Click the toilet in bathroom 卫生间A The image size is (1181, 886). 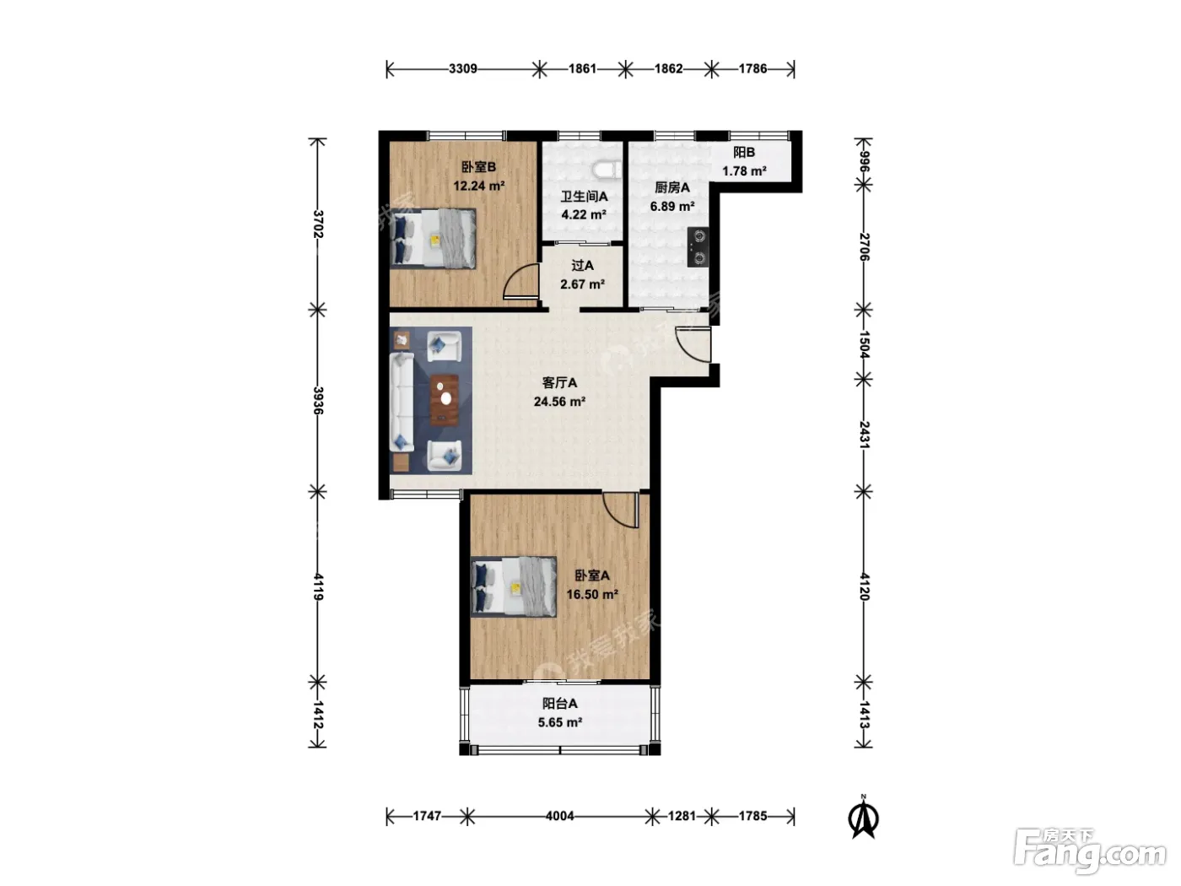607,170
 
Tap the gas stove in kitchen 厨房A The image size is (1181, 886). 698,247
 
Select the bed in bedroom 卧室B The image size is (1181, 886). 433,238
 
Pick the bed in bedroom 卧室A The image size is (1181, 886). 513,586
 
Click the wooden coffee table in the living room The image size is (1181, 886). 445,400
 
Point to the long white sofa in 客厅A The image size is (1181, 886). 402,402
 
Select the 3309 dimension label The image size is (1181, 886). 463,69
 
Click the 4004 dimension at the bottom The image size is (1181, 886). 559,816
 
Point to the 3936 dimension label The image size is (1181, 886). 317,401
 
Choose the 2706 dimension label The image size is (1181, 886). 864,247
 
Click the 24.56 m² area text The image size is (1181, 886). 559,402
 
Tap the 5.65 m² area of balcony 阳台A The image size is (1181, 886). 559,722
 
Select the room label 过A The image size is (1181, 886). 582,265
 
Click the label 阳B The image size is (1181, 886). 743,152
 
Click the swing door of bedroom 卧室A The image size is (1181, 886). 620,510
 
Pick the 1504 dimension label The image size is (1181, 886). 864,345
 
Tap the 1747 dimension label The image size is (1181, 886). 427,816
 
